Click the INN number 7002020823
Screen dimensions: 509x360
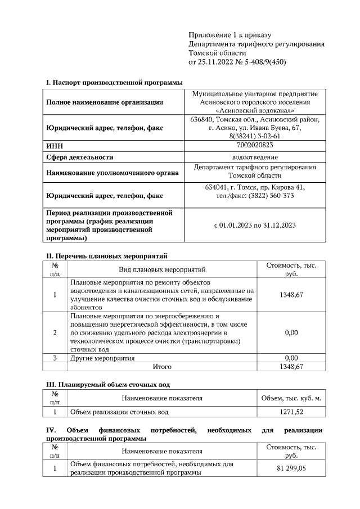coord(255,146)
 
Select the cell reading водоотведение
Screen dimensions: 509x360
coord(255,157)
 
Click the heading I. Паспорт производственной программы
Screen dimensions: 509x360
coord(114,83)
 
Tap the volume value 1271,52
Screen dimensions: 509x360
coord(291,412)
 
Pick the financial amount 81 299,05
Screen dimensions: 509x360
coord(291,469)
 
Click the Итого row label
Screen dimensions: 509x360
coord(162,367)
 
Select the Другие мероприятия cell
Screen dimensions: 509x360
coord(102,358)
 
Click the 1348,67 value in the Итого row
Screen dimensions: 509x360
coord(291,367)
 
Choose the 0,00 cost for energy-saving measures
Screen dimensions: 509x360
coord(291,333)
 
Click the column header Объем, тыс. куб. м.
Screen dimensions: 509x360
coord(291,398)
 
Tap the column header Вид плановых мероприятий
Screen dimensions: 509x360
coord(162,269)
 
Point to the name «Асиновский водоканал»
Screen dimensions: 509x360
coord(255,110)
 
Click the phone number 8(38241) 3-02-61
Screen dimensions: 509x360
coord(255,137)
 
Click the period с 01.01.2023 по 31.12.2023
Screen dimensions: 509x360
coord(255,226)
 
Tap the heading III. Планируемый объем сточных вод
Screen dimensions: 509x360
coord(107,385)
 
